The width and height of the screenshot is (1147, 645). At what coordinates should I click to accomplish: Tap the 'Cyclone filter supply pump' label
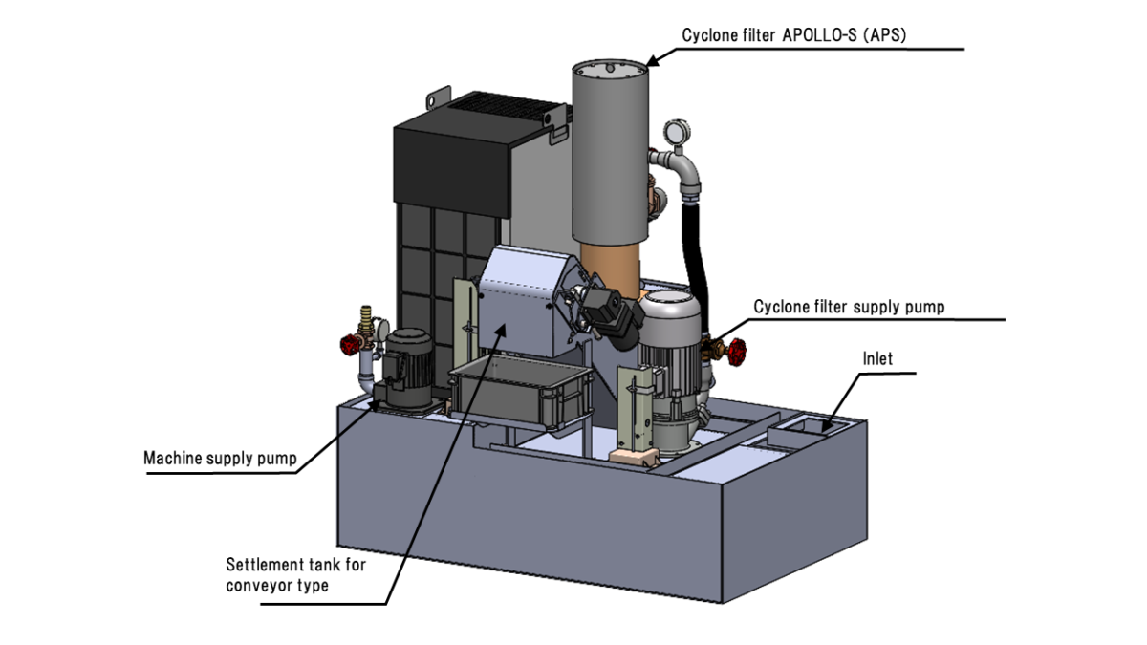[x=849, y=307]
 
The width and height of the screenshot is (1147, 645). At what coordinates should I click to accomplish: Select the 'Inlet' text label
[x=876, y=359]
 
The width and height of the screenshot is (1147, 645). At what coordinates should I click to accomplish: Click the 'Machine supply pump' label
[x=219, y=458]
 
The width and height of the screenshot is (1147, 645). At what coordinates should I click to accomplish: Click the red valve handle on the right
[x=735, y=354]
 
